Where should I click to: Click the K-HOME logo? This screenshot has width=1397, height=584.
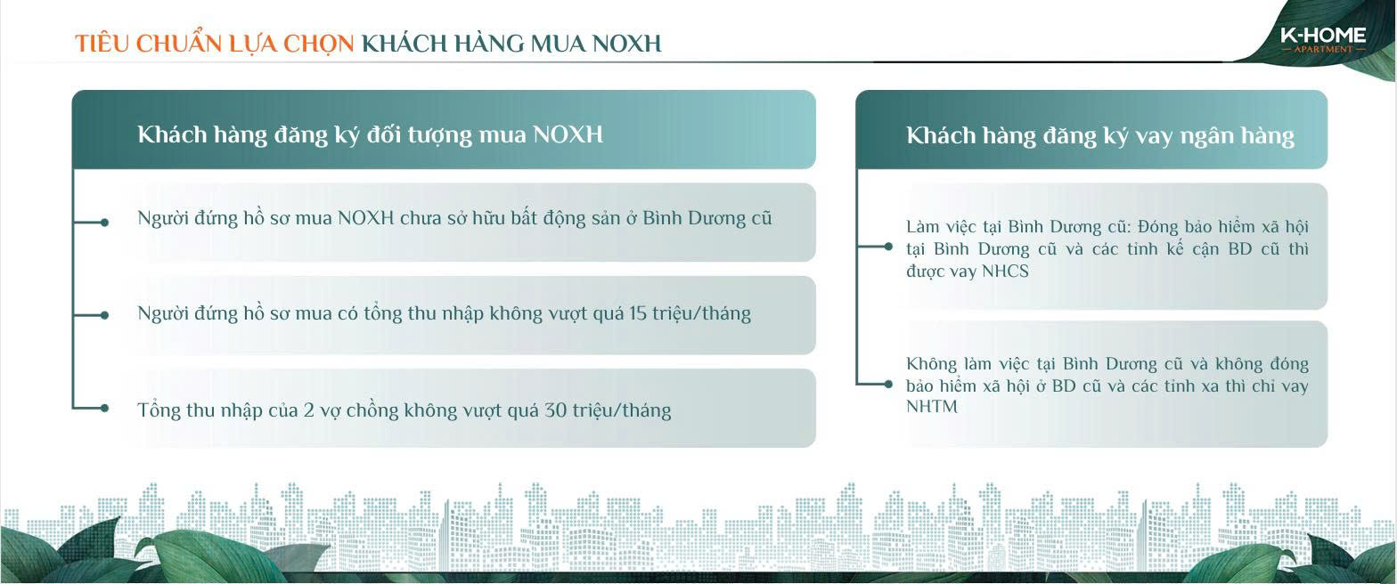(x=1322, y=39)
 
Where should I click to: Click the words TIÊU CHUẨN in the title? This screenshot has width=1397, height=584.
(x=148, y=43)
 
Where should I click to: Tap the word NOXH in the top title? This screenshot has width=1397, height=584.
(x=627, y=44)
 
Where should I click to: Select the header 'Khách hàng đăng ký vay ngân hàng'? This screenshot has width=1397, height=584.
(x=1100, y=135)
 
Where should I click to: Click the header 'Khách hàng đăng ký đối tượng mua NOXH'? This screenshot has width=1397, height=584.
(x=370, y=134)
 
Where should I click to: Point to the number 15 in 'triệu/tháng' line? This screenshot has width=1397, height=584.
(x=637, y=312)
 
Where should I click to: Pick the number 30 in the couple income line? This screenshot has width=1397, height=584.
(x=555, y=410)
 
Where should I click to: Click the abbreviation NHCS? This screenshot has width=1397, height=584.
(x=1005, y=272)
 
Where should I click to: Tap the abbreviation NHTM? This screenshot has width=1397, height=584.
(x=932, y=406)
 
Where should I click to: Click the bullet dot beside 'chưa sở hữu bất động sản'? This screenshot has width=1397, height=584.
(x=104, y=223)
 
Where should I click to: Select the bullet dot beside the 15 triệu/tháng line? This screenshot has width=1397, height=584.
(x=104, y=315)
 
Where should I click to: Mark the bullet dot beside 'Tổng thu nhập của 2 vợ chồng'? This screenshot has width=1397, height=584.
(x=104, y=409)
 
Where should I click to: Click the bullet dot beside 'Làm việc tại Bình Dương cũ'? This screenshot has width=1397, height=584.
(x=888, y=247)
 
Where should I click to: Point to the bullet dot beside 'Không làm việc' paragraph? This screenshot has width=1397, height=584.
(x=888, y=384)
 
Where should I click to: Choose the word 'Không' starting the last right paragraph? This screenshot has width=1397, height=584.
(x=931, y=363)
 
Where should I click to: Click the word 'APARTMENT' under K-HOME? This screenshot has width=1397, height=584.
(x=1323, y=49)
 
